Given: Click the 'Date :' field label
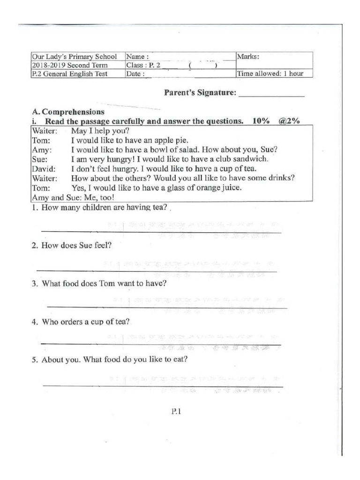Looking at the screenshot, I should coord(135,74).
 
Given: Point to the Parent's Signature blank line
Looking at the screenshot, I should coord(271,95).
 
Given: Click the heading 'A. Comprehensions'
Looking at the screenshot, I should coord(68,112).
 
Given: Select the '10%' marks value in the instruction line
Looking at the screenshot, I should coord(261,121).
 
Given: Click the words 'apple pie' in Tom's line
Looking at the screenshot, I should coord(171,140).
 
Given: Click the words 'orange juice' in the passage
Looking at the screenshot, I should coord(219,187).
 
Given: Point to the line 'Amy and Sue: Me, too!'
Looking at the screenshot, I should coord(67,197).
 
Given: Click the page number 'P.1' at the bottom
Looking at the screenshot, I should coord(176,412).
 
